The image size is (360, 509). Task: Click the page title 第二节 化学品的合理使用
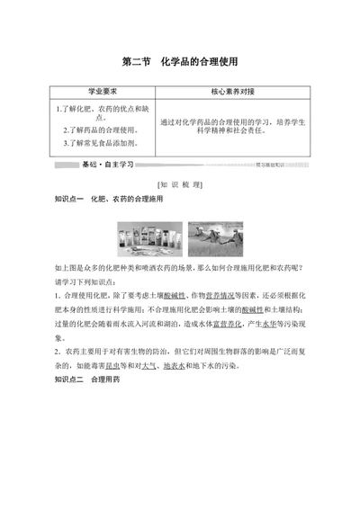pos(179,63)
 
